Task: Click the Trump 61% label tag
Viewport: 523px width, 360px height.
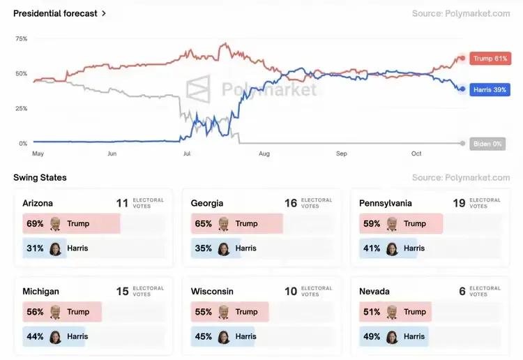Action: pos(490,59)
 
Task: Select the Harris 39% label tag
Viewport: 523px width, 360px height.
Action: pos(490,90)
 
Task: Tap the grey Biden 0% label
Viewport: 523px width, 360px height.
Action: pos(487,144)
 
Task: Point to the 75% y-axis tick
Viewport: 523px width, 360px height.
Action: pos(21,39)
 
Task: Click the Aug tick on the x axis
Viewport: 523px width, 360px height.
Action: pos(264,153)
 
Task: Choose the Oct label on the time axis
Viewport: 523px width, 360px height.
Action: pos(416,153)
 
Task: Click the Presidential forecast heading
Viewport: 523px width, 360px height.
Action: pos(55,13)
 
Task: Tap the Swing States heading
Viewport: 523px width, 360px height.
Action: pos(40,178)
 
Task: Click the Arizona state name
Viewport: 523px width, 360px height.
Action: pos(38,204)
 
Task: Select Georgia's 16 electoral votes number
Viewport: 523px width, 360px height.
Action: pos(291,203)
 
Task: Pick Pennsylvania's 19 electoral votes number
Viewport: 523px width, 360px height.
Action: pos(459,203)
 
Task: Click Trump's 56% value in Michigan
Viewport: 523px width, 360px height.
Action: pos(35,312)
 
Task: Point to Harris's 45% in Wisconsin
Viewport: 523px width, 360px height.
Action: pos(204,336)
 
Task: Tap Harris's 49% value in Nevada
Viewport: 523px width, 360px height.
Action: pos(372,336)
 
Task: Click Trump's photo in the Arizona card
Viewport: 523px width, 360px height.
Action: pos(55,224)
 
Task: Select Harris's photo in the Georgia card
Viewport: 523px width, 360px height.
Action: pos(223,248)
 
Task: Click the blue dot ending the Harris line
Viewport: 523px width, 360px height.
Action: pos(462,89)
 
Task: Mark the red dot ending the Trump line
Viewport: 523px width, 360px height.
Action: pos(462,59)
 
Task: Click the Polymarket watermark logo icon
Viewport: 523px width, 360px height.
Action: pos(199,89)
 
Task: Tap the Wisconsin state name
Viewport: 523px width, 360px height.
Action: pos(212,292)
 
